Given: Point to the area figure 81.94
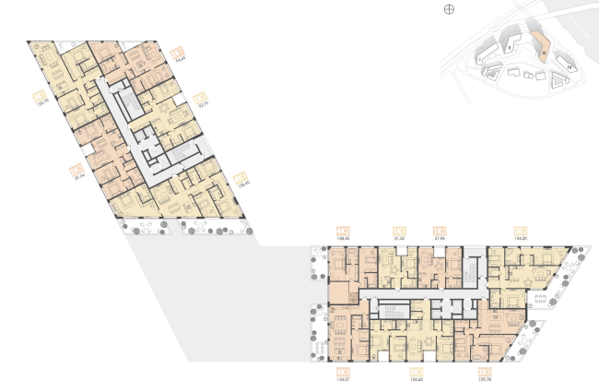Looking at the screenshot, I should (x=76, y=176).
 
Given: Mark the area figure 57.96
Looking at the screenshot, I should (x=440, y=239).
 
